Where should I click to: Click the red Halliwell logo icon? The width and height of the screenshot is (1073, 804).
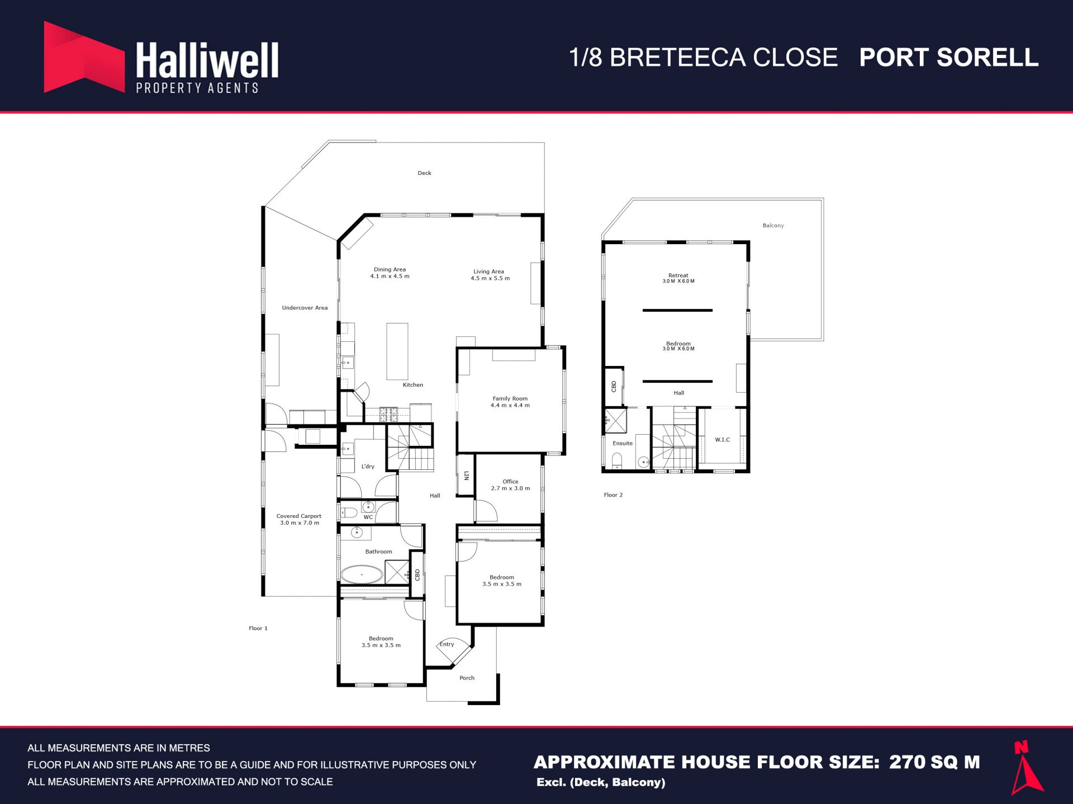click(x=84, y=57)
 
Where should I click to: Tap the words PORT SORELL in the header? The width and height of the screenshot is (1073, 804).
click(x=948, y=58)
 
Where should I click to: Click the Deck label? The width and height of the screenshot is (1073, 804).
click(x=425, y=173)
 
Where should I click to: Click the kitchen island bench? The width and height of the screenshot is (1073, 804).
click(x=397, y=351)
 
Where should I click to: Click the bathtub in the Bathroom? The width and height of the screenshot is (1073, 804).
click(x=362, y=574)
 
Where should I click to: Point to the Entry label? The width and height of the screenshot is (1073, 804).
click(x=447, y=644)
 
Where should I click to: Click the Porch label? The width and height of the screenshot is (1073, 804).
click(x=467, y=678)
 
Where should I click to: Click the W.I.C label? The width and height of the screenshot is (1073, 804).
click(x=723, y=440)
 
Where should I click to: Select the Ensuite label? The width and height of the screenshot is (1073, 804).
click(x=623, y=444)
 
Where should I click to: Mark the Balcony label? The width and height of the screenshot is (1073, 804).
click(x=773, y=226)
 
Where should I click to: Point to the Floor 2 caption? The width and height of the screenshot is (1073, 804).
click(x=613, y=495)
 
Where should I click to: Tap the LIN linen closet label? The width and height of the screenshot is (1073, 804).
click(x=467, y=476)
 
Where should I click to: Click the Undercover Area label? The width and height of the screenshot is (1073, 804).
click(x=305, y=308)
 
